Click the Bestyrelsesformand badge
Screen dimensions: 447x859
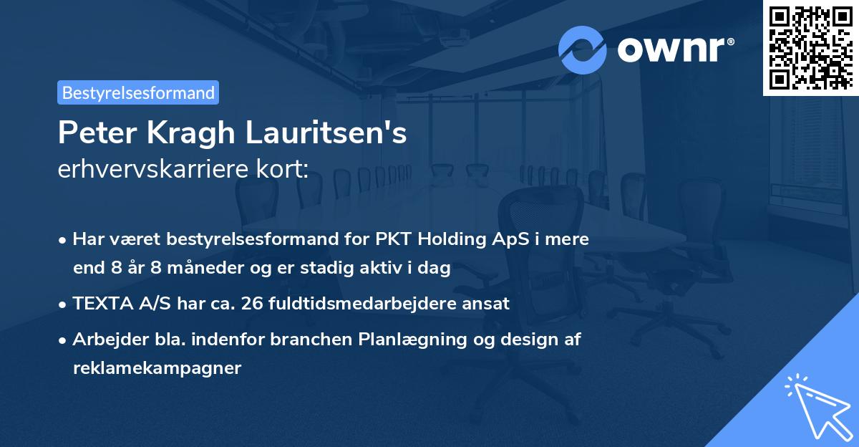pos(138,92)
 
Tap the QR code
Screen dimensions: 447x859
pos(810,47)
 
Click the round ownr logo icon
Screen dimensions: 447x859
pos(583,49)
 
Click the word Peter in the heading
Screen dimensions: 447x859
pos(89,133)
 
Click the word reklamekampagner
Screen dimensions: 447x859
pos(157,369)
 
